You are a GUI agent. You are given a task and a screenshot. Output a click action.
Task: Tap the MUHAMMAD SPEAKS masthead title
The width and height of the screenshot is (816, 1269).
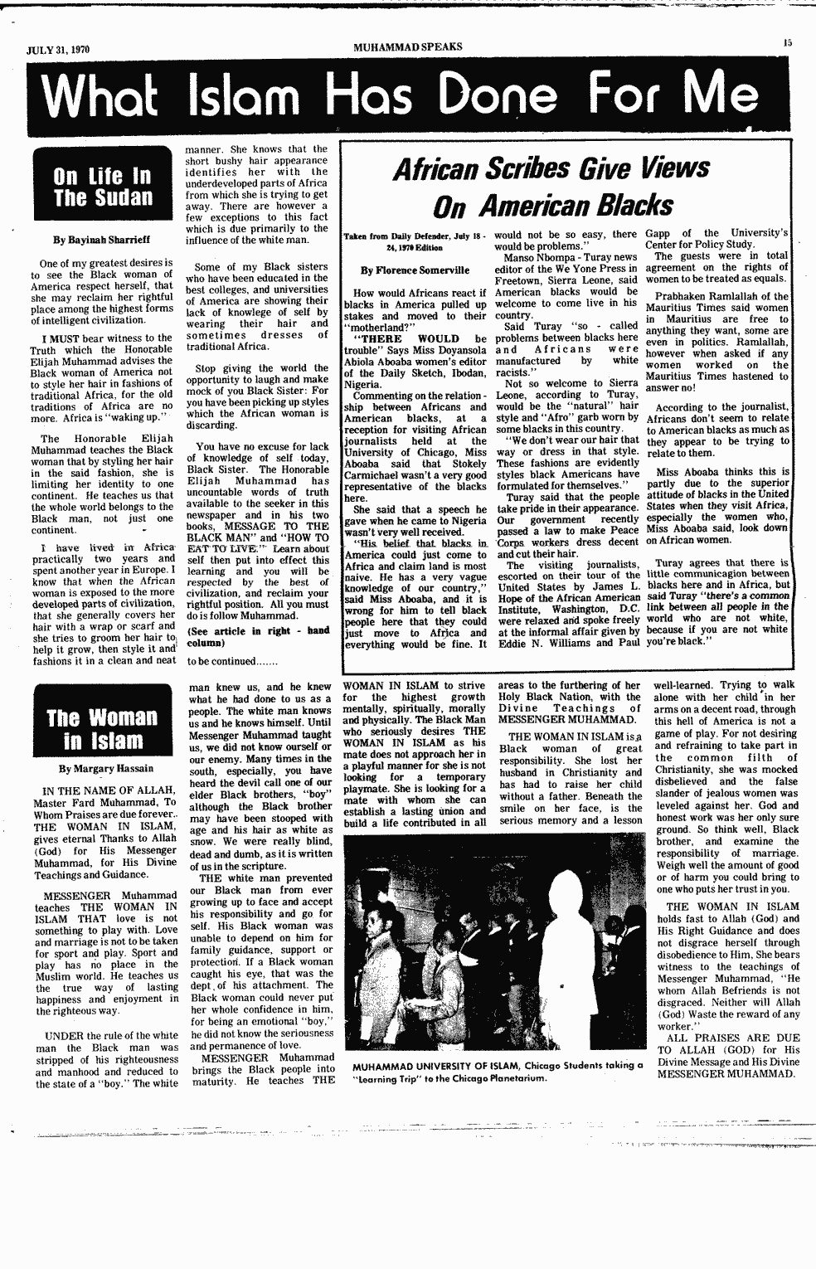407,46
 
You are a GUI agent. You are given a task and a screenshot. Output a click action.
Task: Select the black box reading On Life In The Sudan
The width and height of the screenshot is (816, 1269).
104,187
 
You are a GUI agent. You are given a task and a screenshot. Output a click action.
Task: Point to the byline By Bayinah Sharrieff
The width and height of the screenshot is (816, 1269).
101,240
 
